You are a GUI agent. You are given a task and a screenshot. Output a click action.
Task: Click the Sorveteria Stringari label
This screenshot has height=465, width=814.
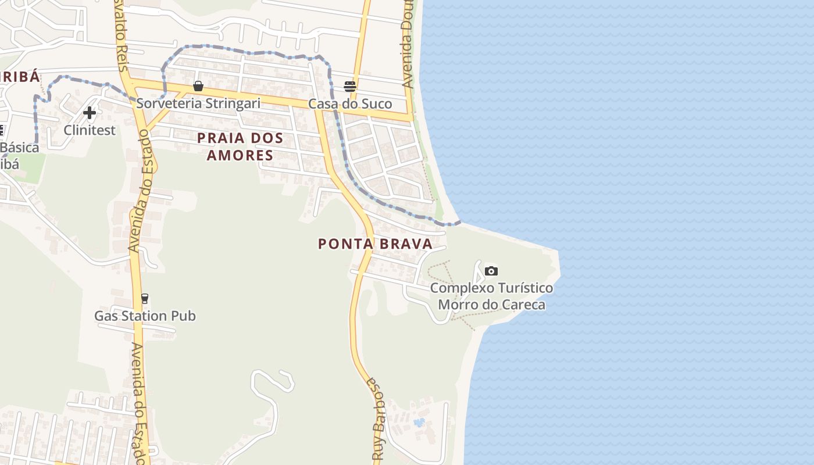coord(198,103)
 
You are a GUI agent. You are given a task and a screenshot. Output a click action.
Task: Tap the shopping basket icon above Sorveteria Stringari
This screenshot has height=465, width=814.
coord(198,86)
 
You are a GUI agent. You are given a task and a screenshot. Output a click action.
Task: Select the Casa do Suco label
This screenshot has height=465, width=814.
coord(350,104)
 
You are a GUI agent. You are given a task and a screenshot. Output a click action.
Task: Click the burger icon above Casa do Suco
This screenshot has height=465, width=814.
coord(350,87)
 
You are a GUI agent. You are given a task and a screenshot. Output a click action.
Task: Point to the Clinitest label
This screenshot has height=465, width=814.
coord(90,130)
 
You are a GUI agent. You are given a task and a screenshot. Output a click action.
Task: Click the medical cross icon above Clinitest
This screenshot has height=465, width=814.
coord(90,112)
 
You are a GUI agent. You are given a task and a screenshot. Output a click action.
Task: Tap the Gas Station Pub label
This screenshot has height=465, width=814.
coord(145,316)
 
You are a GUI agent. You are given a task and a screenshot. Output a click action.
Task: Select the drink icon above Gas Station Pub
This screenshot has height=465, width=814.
coord(145,299)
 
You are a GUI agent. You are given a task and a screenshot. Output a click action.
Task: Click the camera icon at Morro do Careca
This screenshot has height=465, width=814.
coord(491,271)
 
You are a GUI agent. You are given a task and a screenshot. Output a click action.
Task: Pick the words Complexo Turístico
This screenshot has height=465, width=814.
coord(491,288)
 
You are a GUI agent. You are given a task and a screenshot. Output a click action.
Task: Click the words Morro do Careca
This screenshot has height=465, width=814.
coord(491,305)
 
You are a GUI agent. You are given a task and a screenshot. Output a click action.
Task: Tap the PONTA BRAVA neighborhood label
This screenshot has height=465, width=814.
coord(376,244)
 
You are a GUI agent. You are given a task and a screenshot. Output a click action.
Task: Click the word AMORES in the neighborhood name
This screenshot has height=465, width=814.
coord(240,155)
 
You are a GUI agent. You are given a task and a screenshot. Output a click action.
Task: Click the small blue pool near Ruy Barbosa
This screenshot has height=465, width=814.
coord(419,422)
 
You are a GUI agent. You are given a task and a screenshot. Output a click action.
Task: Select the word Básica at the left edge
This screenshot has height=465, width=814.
coord(20,148)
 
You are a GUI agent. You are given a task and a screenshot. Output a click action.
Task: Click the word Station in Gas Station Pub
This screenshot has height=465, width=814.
coord(145,316)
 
